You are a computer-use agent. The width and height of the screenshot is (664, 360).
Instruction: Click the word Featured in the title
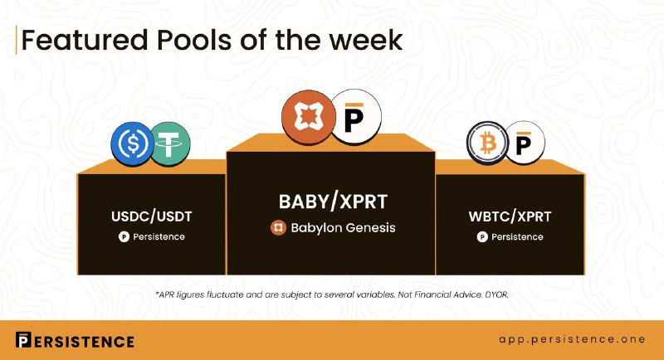click(x=85, y=40)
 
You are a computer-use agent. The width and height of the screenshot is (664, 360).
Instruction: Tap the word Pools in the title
click(x=194, y=40)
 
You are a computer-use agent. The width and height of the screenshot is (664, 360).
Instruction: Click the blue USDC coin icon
click(x=133, y=144)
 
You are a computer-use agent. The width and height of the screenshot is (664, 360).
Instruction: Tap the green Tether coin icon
click(x=169, y=144)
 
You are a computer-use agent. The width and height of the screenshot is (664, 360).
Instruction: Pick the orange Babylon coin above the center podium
click(x=309, y=117)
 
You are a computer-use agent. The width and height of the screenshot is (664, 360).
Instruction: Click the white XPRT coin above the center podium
click(x=355, y=116)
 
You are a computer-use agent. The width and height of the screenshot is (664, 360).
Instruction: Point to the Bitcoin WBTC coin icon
click(x=488, y=143)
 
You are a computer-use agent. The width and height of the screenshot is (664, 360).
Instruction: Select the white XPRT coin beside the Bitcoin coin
click(x=525, y=143)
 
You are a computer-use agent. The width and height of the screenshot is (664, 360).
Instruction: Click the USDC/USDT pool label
click(x=152, y=216)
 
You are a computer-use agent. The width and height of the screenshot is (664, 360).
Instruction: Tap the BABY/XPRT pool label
click(x=333, y=202)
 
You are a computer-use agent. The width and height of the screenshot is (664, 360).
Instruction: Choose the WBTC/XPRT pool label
click(x=510, y=216)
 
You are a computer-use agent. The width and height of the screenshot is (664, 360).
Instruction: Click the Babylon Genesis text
click(x=343, y=228)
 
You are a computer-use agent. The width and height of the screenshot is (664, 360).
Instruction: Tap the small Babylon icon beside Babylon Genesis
click(x=278, y=228)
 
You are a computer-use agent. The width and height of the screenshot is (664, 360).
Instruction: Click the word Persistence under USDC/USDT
click(x=159, y=237)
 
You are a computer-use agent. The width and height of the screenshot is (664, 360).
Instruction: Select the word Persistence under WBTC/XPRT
click(x=517, y=237)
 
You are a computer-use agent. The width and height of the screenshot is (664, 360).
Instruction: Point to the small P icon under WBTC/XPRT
click(x=482, y=237)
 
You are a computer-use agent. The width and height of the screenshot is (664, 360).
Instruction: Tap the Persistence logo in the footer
click(x=75, y=341)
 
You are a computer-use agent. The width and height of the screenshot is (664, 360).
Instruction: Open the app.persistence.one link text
click(x=572, y=339)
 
